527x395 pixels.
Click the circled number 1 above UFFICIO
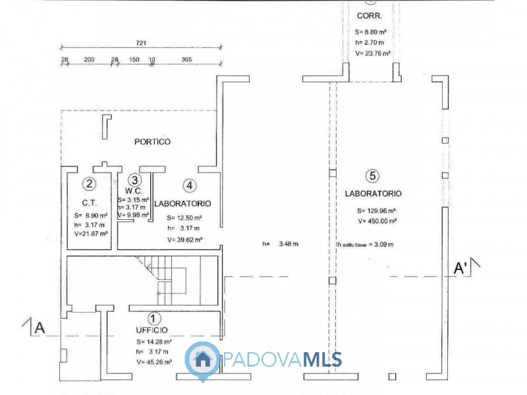click(x=153, y=319)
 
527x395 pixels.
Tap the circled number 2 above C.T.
click(x=90, y=185)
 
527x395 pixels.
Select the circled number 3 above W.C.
click(x=134, y=180)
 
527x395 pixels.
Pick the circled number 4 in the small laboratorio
click(x=190, y=186)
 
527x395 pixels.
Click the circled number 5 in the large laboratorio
click(x=373, y=176)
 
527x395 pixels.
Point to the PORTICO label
click(x=152, y=142)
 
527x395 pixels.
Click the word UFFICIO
click(x=153, y=329)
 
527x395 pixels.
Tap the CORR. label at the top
click(x=367, y=15)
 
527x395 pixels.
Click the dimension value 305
click(x=186, y=59)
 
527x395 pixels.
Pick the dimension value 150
click(x=134, y=59)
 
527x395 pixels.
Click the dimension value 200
click(x=90, y=59)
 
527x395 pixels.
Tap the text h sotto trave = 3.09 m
click(x=366, y=244)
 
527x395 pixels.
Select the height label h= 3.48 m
click(x=280, y=244)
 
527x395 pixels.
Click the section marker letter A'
click(x=459, y=268)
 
